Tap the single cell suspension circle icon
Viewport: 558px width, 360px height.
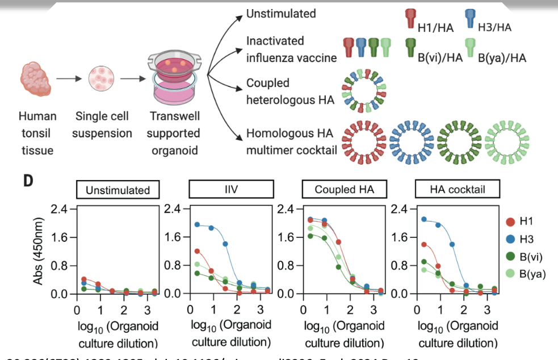[x=103, y=79]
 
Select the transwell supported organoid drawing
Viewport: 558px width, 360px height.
[x=174, y=77]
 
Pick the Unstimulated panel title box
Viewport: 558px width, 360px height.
[x=118, y=190]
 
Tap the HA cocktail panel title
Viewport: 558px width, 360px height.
[x=458, y=190]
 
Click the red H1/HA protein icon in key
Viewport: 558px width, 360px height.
[x=410, y=20]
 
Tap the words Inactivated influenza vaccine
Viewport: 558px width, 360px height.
[x=291, y=49]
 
